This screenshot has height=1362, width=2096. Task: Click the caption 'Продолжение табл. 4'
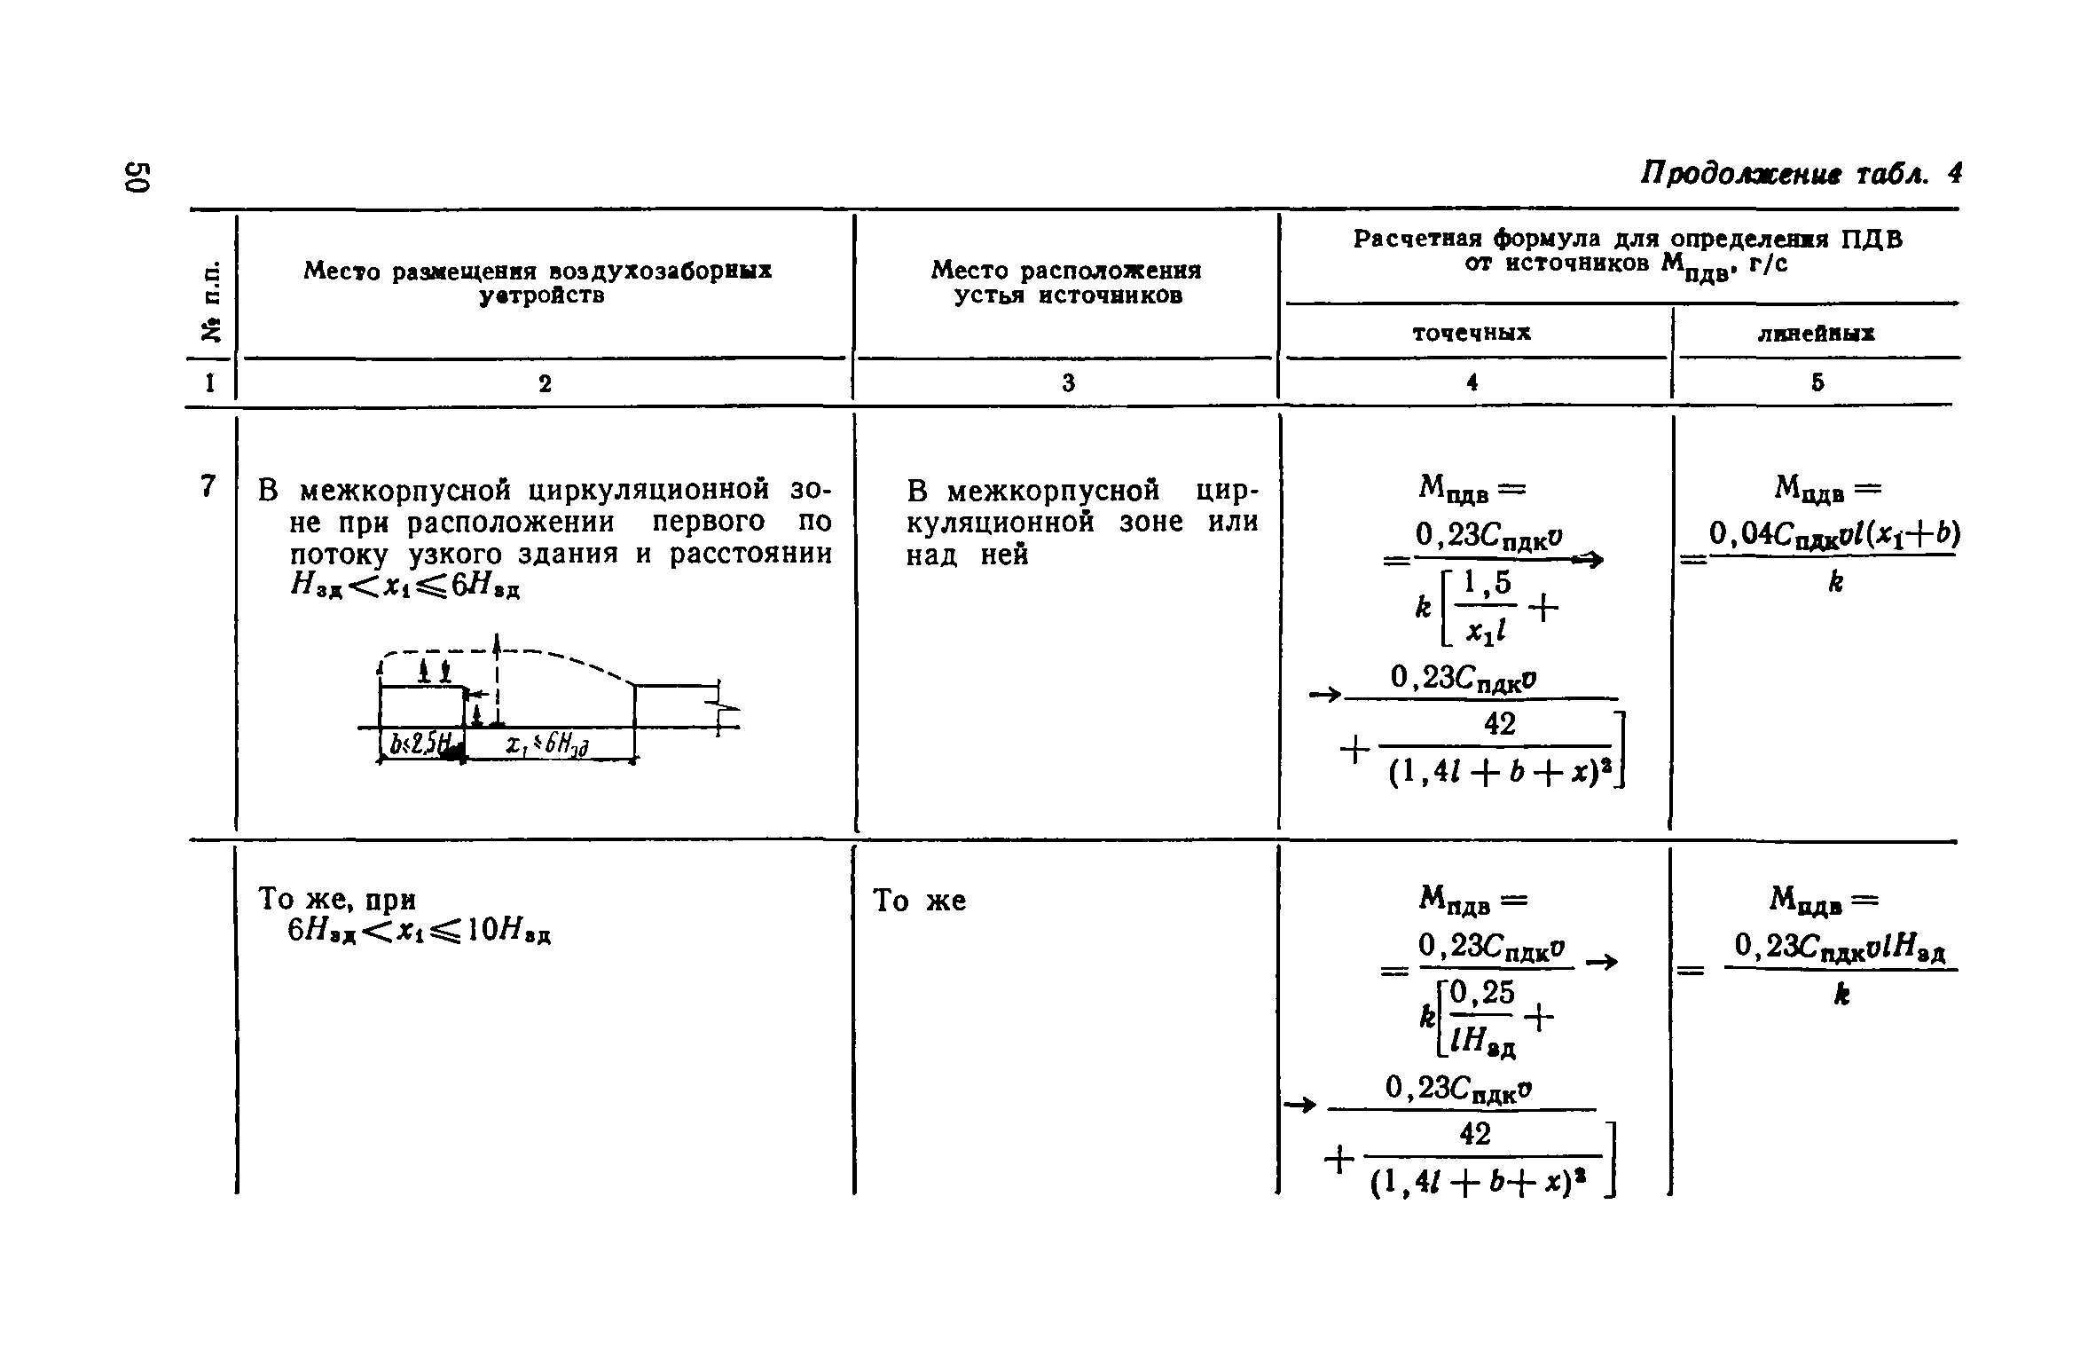tap(1800, 196)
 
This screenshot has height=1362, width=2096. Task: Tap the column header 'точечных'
tap(1472, 333)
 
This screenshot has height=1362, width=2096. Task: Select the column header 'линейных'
tap(1817, 334)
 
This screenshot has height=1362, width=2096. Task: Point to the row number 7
tap(208, 486)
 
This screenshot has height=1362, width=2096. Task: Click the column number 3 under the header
tap(1068, 382)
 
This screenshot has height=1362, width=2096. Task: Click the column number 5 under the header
tap(1817, 382)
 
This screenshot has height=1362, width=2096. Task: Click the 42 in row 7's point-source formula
tap(1500, 725)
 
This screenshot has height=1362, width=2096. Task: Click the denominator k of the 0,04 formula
tap(1835, 582)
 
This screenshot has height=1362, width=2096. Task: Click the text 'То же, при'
tap(336, 900)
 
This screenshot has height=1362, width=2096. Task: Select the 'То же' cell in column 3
tap(920, 901)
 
